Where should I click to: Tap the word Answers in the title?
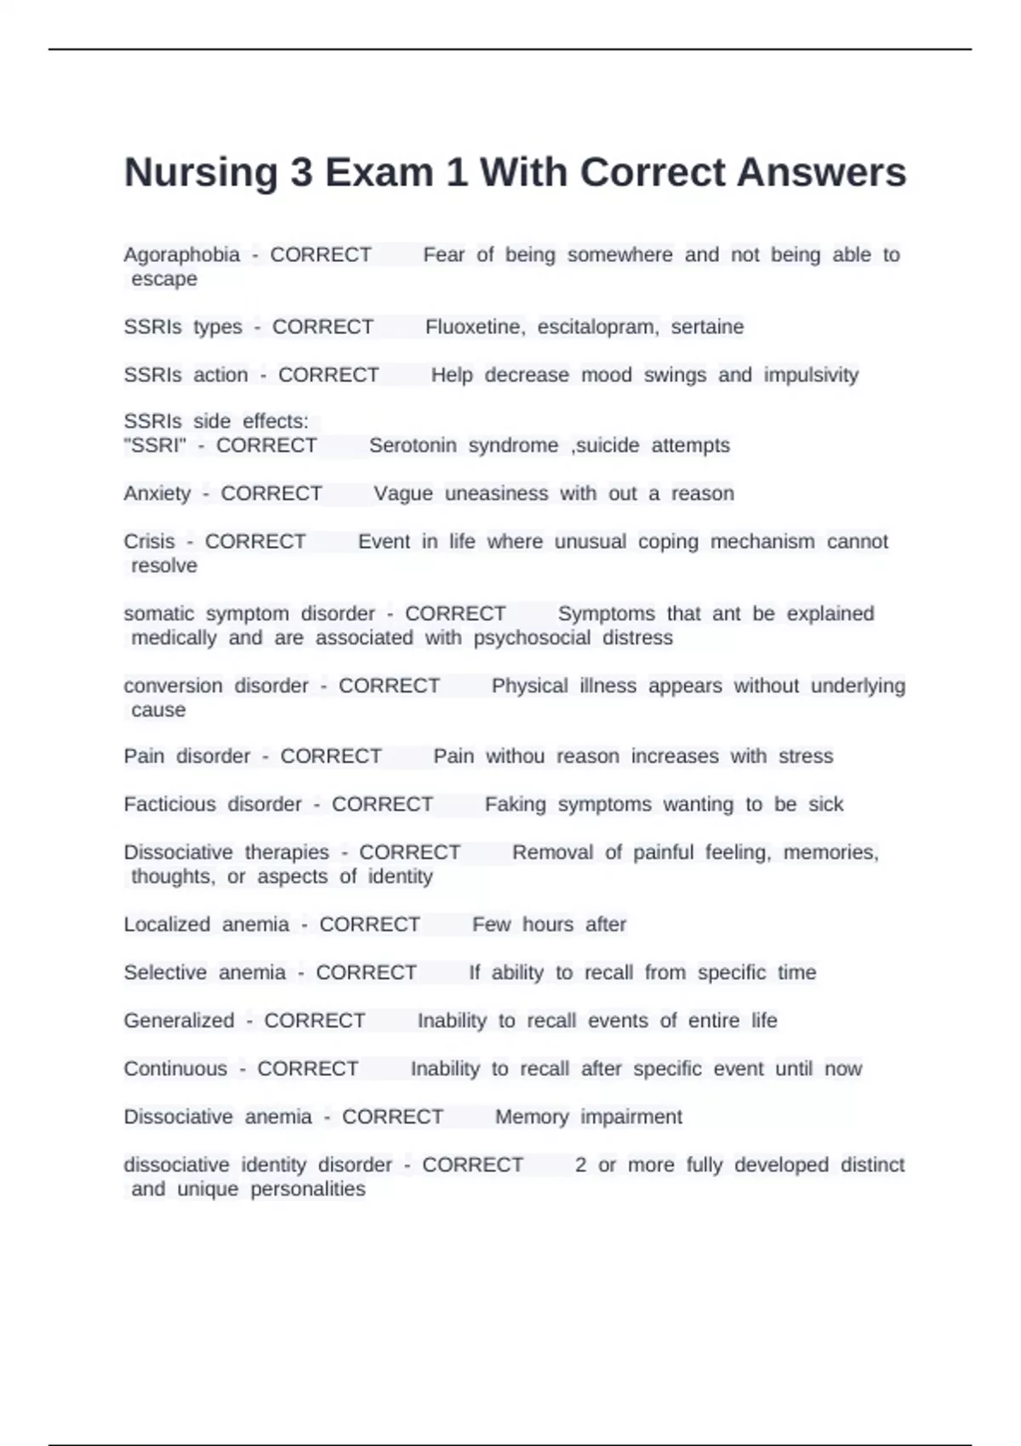(821, 173)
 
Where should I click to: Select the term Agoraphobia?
(182, 255)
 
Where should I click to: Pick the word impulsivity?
(811, 375)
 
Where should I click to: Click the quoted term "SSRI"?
(155, 446)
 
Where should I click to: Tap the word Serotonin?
(413, 446)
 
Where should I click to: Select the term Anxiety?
(157, 494)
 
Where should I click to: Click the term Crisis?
(149, 542)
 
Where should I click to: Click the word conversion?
(173, 686)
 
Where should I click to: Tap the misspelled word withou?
(515, 756)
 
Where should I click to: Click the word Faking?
(515, 805)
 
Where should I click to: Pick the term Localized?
(167, 925)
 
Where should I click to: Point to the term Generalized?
(179, 1021)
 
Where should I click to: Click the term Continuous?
(175, 1069)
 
